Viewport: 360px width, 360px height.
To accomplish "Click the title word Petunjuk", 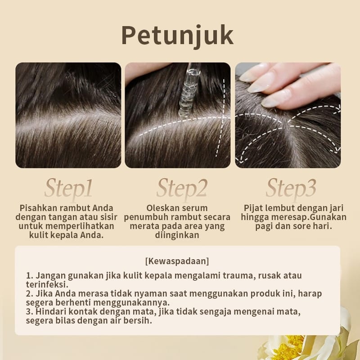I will (x=177, y=36).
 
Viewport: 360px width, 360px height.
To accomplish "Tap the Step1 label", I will (x=68, y=188).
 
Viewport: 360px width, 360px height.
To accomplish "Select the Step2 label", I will (x=181, y=188).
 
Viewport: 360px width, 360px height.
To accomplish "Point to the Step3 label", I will (x=291, y=188).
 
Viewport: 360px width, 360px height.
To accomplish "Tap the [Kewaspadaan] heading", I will (x=177, y=261).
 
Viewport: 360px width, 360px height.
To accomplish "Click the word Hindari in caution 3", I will (x=49, y=312).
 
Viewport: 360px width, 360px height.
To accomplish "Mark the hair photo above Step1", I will (x=68, y=115).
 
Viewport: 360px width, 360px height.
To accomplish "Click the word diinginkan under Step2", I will (x=177, y=235).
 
